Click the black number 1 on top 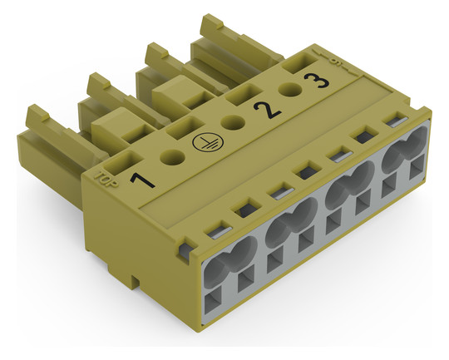(x=142, y=180)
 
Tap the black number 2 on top (x=267, y=111)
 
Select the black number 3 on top (x=316, y=80)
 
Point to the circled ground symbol (x=204, y=141)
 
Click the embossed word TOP (x=106, y=180)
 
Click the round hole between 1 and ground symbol (x=172, y=157)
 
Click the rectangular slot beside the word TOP (x=123, y=163)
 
